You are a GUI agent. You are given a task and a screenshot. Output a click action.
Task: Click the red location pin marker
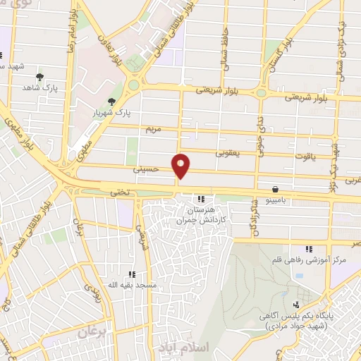click(x=181, y=166)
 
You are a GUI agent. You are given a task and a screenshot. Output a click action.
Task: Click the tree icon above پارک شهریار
click(x=111, y=102)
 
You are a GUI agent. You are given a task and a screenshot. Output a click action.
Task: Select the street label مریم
click(x=154, y=129)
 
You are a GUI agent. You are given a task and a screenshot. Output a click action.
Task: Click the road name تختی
click(x=116, y=191)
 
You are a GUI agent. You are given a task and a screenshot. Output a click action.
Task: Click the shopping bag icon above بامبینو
click(x=274, y=190)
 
